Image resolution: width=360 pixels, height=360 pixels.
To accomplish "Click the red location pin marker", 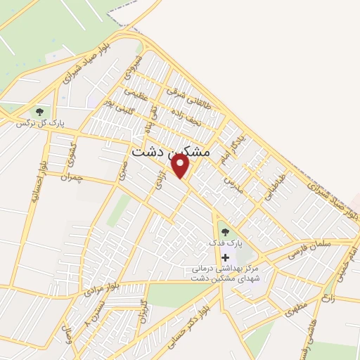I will pyautogui.click(x=181, y=167).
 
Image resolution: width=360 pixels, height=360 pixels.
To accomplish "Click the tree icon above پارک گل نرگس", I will pyautogui.click(x=39, y=111).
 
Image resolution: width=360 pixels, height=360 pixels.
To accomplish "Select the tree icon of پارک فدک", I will pyautogui.click(x=224, y=231).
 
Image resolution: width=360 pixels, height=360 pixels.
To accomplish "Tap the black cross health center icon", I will pyautogui.click(x=225, y=257).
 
